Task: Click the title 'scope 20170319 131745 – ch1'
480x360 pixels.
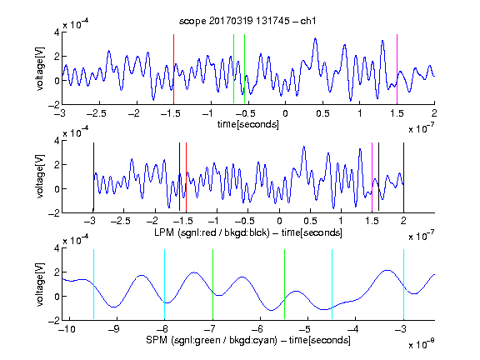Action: coord(247,21)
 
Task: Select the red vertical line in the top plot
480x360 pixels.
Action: coord(173,69)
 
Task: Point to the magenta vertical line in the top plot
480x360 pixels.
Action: coord(397,69)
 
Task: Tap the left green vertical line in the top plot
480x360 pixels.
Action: coord(233,69)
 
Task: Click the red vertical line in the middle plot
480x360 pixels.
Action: coord(186,177)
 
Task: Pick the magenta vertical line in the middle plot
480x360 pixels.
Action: coord(372,177)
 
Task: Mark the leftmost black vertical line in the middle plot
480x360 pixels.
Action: coord(93,177)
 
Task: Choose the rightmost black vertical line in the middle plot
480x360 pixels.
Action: coord(403,177)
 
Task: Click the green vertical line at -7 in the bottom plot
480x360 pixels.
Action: coord(212,284)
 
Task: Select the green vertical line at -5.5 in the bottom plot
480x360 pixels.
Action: coord(284,284)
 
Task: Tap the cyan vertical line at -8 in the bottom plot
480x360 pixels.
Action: coord(165,284)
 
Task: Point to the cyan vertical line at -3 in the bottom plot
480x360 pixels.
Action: coord(403,284)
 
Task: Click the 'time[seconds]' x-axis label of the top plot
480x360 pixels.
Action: coord(248,124)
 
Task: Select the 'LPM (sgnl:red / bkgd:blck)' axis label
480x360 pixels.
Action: coord(212,232)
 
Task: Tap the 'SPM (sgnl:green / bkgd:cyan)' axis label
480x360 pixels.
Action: coord(212,340)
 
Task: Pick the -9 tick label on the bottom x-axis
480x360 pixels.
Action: coord(114,329)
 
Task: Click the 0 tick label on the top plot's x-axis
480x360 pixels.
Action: coord(285,113)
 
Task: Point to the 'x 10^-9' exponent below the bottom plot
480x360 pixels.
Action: coord(421,344)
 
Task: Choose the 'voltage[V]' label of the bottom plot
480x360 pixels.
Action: coord(40,284)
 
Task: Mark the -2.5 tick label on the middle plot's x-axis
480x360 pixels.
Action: coord(121,221)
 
